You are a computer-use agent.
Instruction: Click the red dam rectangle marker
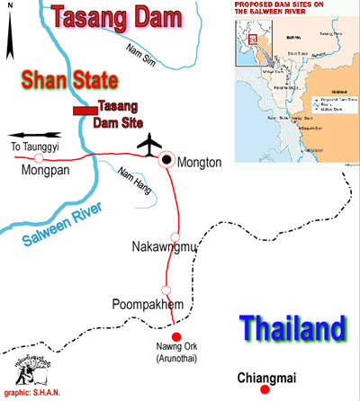point(85,110)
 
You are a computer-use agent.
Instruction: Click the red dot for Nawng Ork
point(175,336)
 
